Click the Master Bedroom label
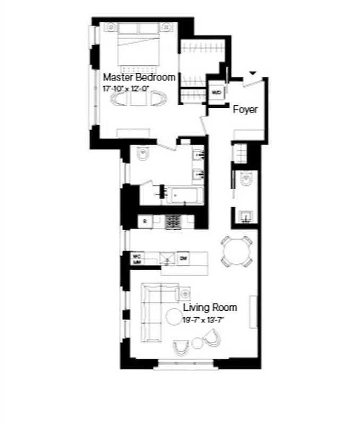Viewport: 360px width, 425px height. (139, 77)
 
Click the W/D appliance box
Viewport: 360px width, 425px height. (217, 92)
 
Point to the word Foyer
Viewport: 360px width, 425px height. (245, 109)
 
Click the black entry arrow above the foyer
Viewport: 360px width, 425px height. (253, 73)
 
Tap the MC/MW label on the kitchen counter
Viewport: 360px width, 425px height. (137, 259)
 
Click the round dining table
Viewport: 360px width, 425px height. (235, 250)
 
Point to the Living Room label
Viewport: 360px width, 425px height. (210, 308)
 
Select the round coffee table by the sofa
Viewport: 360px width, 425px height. (174, 317)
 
